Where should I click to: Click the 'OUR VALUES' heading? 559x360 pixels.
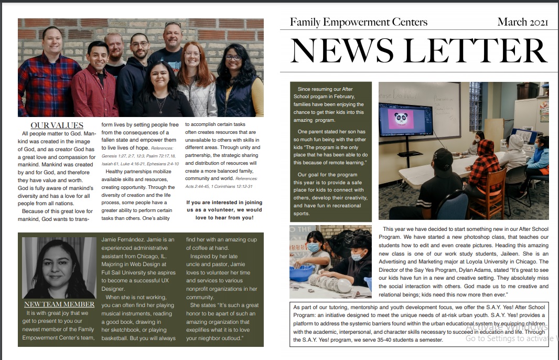(x=57, y=125)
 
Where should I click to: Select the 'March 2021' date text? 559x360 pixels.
(x=522, y=22)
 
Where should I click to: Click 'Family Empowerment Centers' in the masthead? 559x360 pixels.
(x=359, y=22)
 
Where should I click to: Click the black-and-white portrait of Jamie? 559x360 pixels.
(x=59, y=268)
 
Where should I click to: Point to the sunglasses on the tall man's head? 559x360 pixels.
(x=173, y=25)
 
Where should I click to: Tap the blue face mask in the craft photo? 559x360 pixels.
(x=313, y=247)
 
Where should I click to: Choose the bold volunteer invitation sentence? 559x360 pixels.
(x=224, y=210)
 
